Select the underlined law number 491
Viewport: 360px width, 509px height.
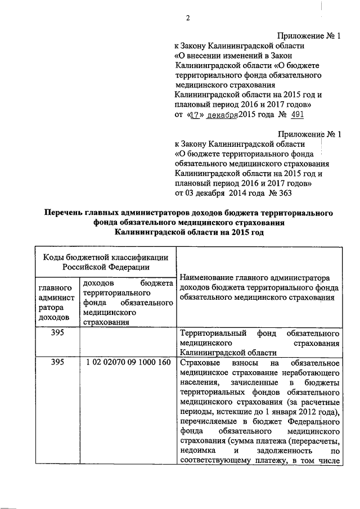pyautogui.click(x=298, y=115)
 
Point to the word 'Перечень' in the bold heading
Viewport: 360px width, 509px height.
pyautogui.click(x=68, y=214)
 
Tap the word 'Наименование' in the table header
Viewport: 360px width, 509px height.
pyautogui.click(x=206, y=278)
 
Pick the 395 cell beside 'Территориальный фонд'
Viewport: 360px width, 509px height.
pyautogui.click(x=57, y=332)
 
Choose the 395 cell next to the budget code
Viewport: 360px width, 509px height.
pyautogui.click(x=57, y=362)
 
